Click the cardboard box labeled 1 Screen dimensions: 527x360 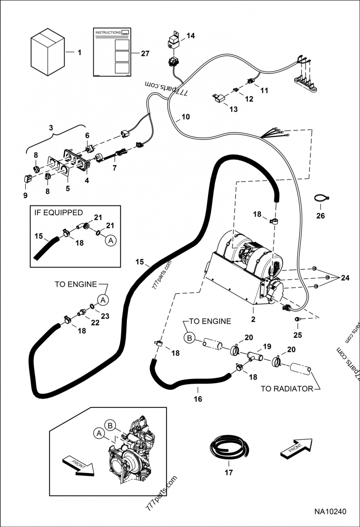click(48, 51)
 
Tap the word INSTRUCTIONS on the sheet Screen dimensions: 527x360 click(108, 33)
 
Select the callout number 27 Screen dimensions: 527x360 click(144, 54)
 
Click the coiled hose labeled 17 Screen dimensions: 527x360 click(229, 448)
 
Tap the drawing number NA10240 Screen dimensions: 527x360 click(330, 512)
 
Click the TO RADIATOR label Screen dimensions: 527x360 click(287, 389)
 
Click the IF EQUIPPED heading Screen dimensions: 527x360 click(58, 212)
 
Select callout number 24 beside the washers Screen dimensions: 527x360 click(345, 278)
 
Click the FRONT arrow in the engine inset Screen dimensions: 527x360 click(77, 465)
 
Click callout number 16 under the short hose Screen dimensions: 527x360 click(198, 398)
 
